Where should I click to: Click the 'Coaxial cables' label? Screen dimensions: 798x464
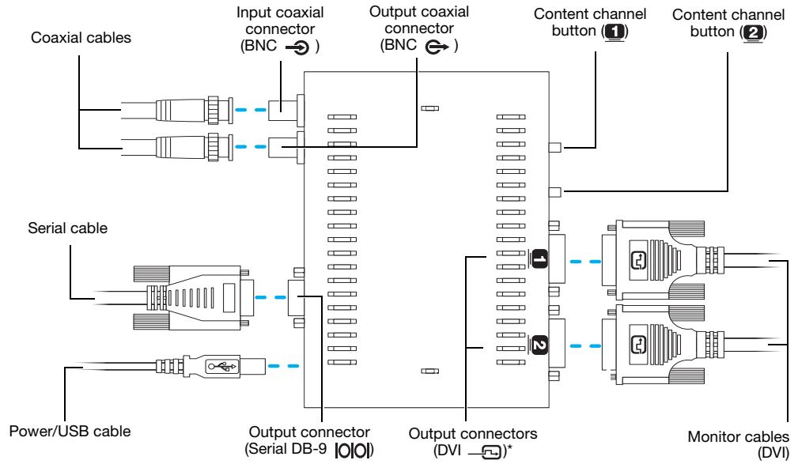[81, 38]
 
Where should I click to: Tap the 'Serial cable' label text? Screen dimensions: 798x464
[68, 228]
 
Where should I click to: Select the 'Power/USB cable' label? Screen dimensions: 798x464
[70, 432]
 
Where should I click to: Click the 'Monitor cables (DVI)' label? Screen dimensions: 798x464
[738, 444]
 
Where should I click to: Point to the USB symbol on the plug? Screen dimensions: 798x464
[222, 366]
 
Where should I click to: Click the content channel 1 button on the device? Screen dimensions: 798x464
[555, 148]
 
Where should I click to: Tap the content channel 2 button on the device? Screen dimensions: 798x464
[555, 192]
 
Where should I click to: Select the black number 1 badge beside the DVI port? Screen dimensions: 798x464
[539, 259]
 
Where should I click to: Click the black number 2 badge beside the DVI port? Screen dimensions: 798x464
[539, 346]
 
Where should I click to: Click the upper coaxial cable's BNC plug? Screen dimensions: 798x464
[195, 110]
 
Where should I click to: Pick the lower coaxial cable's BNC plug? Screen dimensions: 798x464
[195, 147]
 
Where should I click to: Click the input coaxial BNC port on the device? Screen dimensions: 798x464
[286, 110]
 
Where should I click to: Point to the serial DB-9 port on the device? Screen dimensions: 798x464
[297, 298]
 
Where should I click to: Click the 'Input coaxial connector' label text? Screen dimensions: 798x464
[280, 29]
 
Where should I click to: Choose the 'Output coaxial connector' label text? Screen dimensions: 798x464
[419, 28]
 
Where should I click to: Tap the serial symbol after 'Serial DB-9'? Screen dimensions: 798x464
[354, 451]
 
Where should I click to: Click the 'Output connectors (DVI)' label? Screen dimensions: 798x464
[473, 442]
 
